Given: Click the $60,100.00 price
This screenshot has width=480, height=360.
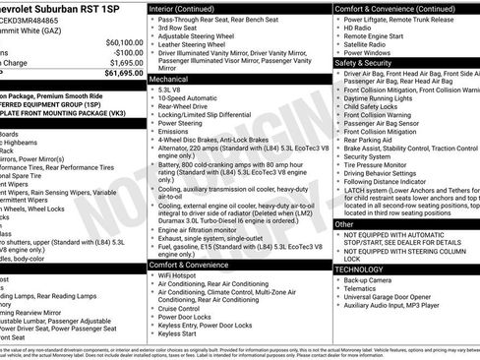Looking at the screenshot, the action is click(x=123, y=42).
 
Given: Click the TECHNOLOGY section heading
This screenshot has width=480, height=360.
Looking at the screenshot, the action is click(x=359, y=268).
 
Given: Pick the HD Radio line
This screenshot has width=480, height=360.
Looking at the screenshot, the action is click(x=359, y=29).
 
